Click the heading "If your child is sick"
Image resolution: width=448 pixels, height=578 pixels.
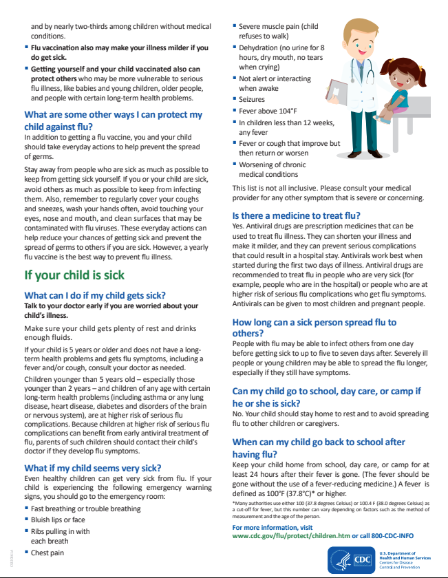tap(74, 275)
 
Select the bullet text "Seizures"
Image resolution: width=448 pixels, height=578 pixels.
tap(251, 99)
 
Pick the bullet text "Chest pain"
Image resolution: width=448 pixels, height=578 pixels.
tap(49, 552)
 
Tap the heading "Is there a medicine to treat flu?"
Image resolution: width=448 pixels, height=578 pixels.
tap(297, 215)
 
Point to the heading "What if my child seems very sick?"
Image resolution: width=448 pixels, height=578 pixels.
tap(93, 468)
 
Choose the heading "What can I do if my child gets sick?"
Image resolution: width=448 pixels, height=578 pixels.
tap(95, 295)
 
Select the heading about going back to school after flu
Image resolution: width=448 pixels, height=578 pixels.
tap(319, 448)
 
